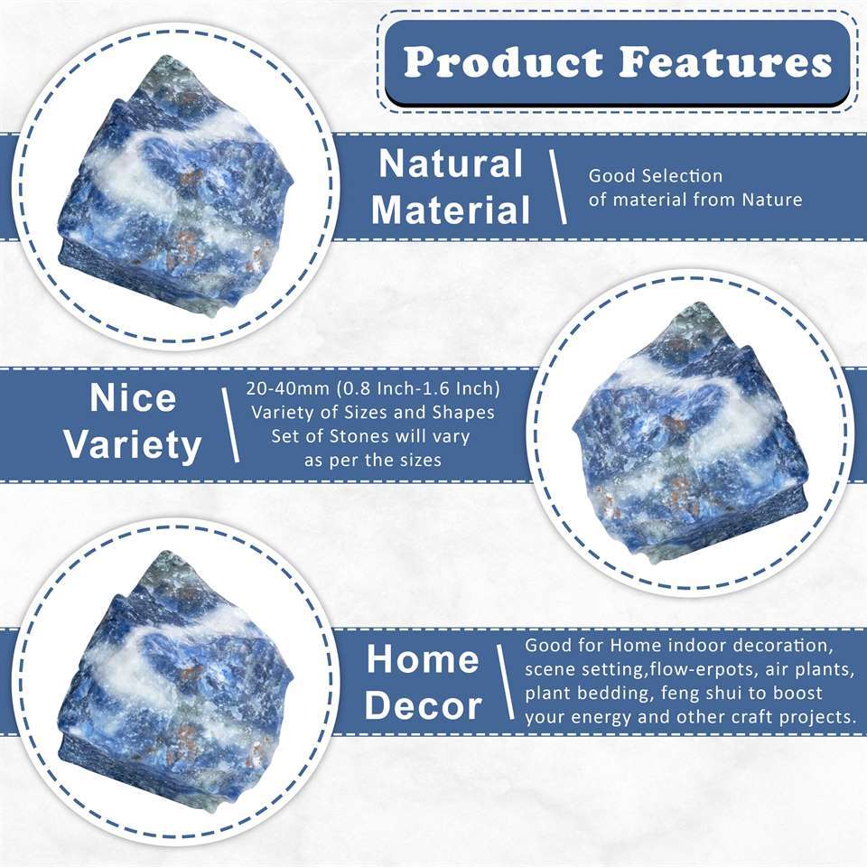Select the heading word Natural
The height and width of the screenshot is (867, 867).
[451, 164]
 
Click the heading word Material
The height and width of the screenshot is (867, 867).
[451, 210]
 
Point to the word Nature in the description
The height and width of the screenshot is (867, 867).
[771, 200]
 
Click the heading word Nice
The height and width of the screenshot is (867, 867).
[132, 398]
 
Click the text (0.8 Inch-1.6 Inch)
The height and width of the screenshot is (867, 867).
[418, 389]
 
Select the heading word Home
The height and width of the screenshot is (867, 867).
[423, 660]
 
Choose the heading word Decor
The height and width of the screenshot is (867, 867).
[423, 706]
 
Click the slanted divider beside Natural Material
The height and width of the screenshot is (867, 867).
[558, 187]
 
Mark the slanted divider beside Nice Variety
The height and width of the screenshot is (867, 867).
[230, 423]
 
